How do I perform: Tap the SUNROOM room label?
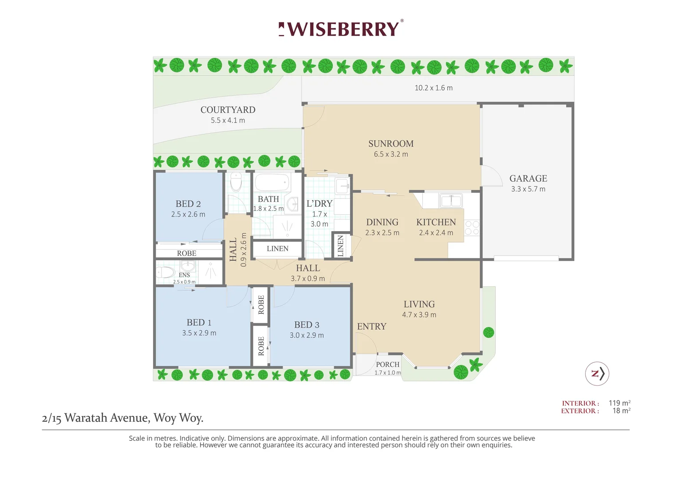tap(391, 144)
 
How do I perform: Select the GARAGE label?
tap(528, 178)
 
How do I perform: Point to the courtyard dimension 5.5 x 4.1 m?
tap(228, 120)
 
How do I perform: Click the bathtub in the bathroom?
tap(272, 182)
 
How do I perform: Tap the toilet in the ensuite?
tap(165, 272)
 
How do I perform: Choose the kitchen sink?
tap(451, 201)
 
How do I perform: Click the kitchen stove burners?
tap(472, 228)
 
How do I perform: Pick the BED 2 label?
tap(188, 204)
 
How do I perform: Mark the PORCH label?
tap(387, 364)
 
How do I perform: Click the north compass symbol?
tap(597, 374)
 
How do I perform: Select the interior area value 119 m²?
tap(619, 403)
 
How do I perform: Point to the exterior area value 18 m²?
tap(621, 411)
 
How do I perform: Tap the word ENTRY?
tap(372, 327)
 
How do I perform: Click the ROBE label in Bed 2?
tap(186, 253)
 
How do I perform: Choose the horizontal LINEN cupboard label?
tap(278, 248)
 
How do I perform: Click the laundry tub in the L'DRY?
tap(343, 186)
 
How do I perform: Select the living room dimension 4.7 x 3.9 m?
tap(419, 315)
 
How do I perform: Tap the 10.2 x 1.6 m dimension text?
tap(434, 88)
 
